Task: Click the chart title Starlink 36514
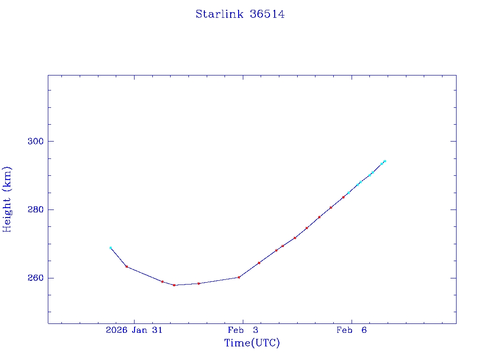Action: coord(240,14)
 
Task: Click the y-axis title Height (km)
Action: coord(7,199)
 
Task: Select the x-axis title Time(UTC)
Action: coord(252,343)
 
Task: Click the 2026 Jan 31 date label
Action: coord(134,330)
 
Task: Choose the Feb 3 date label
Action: coord(243,330)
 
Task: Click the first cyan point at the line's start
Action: coord(111,248)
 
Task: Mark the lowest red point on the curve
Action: coord(174,285)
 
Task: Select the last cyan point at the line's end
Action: coord(384,161)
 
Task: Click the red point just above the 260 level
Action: coord(239,277)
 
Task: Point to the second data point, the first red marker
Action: coord(127,267)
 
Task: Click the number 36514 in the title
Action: coord(267,14)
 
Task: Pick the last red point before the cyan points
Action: coord(344,197)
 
